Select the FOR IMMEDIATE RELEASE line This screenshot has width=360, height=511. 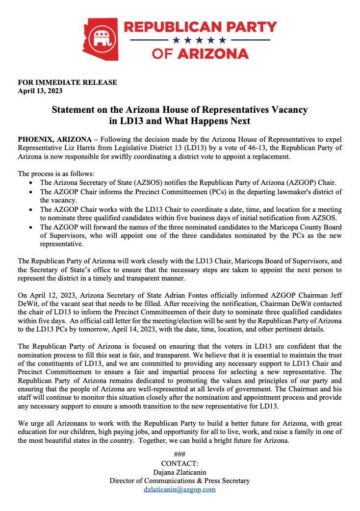coord(68,82)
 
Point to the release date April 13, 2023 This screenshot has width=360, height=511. coord(40,90)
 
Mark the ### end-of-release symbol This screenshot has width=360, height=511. coord(180,454)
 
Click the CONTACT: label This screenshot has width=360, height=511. coord(180,463)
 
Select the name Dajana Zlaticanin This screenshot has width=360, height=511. coord(180,472)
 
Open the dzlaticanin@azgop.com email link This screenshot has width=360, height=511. coord(180,489)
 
